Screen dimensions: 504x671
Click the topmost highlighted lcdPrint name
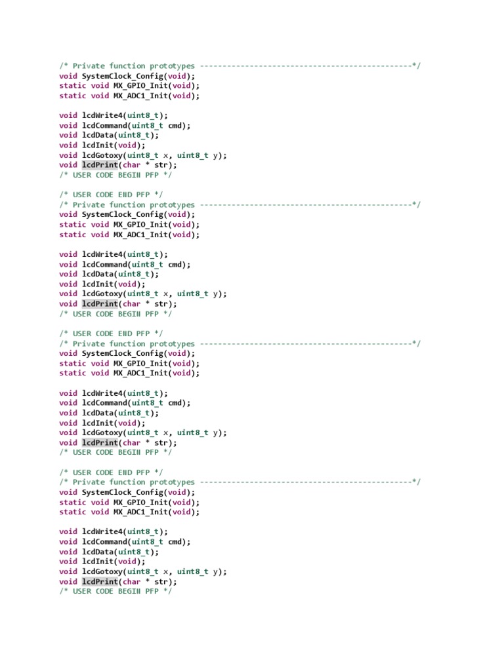100,165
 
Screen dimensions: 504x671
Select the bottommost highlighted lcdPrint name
100,581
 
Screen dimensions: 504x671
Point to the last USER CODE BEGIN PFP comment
115,591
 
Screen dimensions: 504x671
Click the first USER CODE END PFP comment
111,195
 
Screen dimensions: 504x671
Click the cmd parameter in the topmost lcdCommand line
174,125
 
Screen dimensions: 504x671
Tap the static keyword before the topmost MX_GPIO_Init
73,86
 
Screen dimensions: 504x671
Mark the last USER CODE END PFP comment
111,472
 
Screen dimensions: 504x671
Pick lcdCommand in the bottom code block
104,542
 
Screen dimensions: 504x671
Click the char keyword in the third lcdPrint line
132,442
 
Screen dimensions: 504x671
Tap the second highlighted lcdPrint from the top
100,303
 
